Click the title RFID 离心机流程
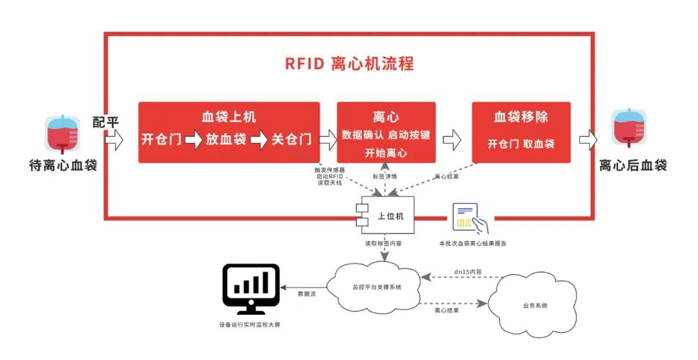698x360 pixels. coord(349,63)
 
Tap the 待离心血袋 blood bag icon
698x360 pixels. coord(63,134)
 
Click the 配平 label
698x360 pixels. coord(105,122)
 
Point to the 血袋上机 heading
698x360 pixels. coord(229,116)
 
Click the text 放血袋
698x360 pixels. coord(226,139)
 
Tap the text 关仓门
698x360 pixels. coord(291,139)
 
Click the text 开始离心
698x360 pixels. coord(386,153)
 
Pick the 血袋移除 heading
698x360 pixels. coord(521,116)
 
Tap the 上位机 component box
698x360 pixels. coord(386,216)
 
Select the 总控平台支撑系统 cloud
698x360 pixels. coord(374,287)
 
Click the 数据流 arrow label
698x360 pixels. coord(307,293)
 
